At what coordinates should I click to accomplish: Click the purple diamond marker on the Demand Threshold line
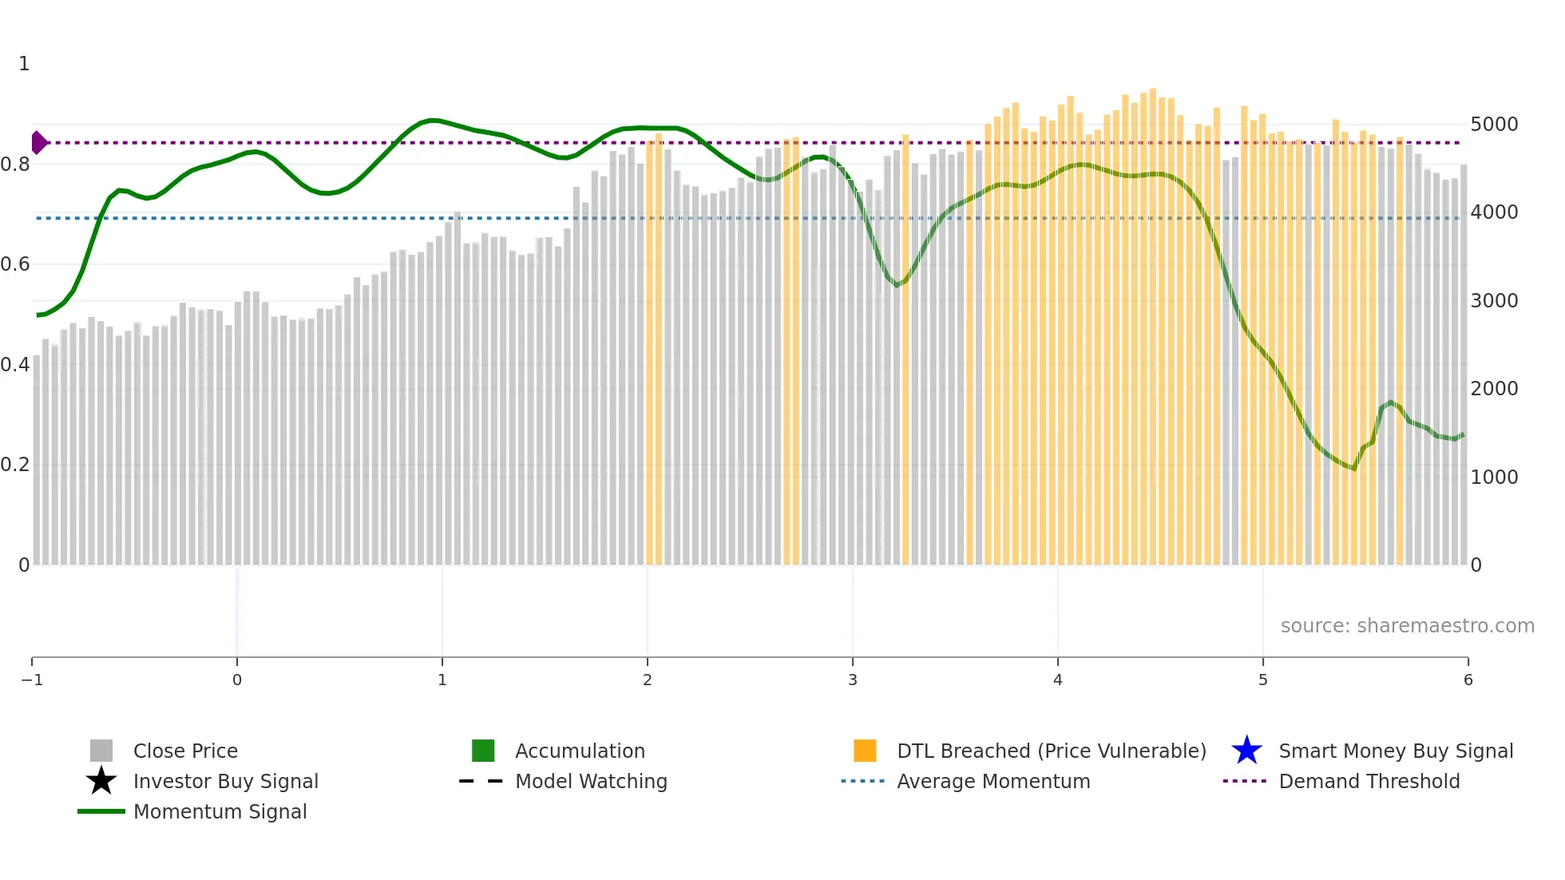pos(38,143)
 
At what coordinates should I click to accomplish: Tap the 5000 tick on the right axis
pos(1494,125)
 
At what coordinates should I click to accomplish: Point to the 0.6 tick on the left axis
pos(15,264)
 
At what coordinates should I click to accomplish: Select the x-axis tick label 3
pos(853,680)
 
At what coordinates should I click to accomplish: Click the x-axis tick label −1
pos(32,680)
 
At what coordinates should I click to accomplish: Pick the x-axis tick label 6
pos(1468,680)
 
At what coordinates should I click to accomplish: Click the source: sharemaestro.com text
pos(1407,626)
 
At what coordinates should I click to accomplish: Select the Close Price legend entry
pos(185,751)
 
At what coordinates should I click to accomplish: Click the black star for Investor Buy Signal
pos(101,781)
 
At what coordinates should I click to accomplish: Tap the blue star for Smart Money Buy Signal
pos(1246,751)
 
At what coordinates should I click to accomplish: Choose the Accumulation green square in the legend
pos(483,751)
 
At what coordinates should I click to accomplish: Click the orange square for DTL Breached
pos(865,751)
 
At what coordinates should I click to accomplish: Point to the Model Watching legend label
pos(591,782)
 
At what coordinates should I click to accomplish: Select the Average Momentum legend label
pos(993,782)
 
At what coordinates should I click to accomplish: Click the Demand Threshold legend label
pos(1369,782)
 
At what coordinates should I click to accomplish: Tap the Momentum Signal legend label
pos(220,812)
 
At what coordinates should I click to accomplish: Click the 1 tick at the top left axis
pos(24,64)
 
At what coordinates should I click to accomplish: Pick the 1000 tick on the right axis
pos(1494,478)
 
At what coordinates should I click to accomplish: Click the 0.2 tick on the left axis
pos(15,465)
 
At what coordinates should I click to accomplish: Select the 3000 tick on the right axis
pos(1494,301)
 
